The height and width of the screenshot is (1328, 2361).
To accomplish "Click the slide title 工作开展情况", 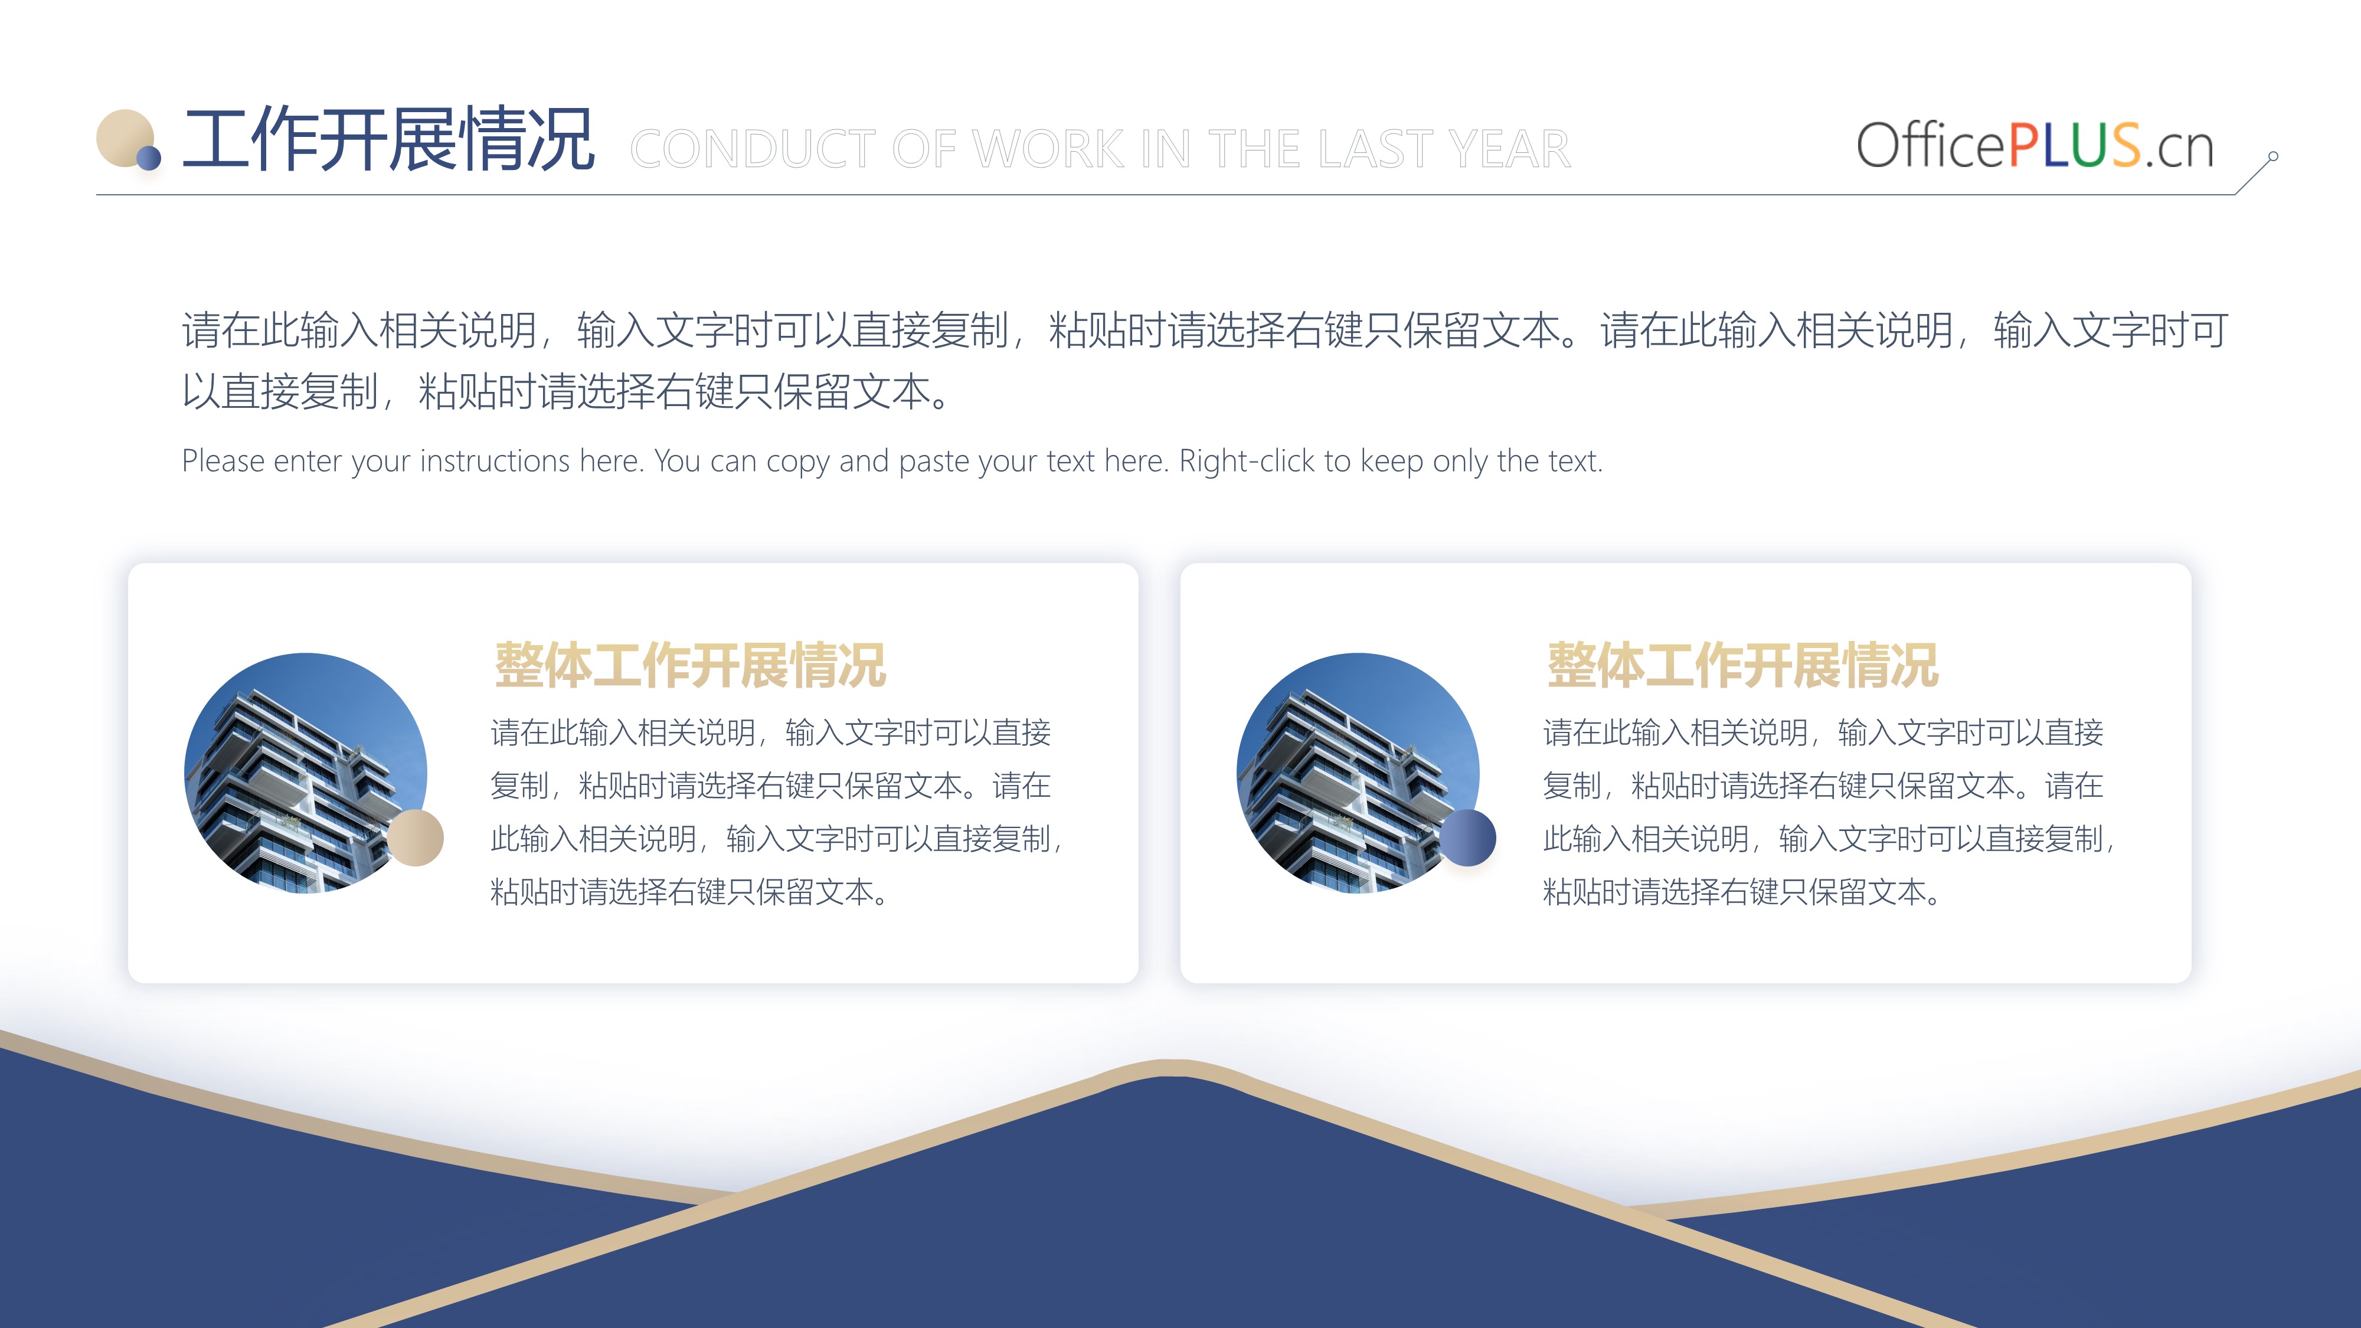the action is coord(388,139).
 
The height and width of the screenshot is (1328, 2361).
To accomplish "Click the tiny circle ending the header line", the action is coord(2273,157).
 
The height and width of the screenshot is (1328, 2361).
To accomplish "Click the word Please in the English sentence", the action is coord(223,461).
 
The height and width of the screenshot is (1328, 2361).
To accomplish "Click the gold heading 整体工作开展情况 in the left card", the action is coord(690,665).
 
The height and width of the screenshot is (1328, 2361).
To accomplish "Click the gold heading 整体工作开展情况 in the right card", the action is coord(1742,665).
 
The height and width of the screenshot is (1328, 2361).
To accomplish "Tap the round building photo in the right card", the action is coord(1358,773).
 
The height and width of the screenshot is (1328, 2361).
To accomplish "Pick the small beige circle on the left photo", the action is coord(415,837).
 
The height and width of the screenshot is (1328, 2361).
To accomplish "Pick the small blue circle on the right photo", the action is coord(1467,837).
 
